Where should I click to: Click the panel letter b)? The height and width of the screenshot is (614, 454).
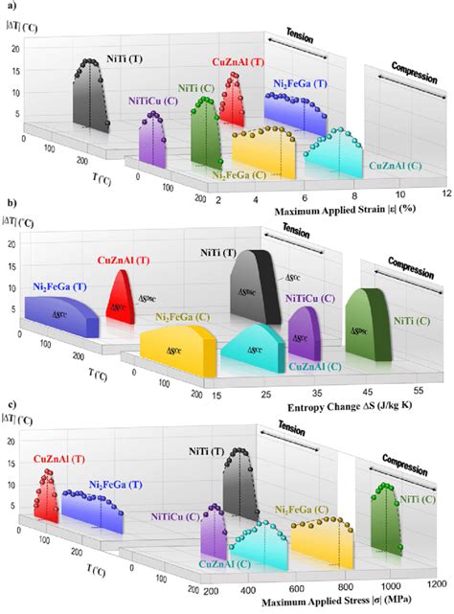[x=8, y=204]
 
